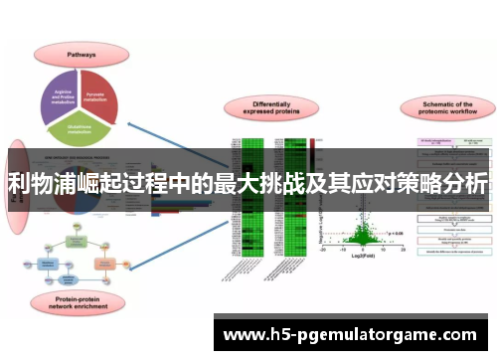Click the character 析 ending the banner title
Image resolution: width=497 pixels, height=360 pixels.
coord(476,184)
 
